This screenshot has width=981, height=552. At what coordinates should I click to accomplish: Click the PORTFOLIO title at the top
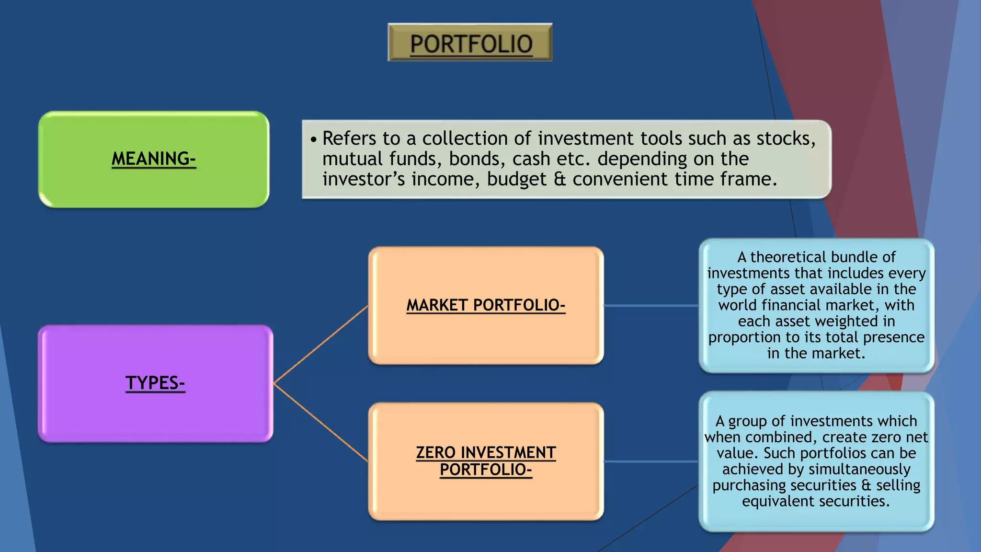(x=470, y=44)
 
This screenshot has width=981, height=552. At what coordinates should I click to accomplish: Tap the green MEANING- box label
(x=154, y=159)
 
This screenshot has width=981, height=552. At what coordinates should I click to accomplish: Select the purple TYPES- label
(x=155, y=383)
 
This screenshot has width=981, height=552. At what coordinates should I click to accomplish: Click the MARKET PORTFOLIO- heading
(x=486, y=305)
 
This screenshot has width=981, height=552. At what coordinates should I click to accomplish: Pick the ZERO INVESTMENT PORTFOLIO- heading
(x=486, y=461)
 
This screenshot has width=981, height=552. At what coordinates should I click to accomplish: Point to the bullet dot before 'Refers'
(x=314, y=140)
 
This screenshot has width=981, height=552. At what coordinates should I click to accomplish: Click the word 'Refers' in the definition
(x=349, y=138)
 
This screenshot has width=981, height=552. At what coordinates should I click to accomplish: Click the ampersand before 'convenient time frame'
(x=559, y=179)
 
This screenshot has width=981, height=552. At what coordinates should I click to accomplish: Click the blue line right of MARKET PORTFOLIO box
(x=651, y=305)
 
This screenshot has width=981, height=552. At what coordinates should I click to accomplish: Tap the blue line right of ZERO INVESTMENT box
(x=651, y=461)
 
